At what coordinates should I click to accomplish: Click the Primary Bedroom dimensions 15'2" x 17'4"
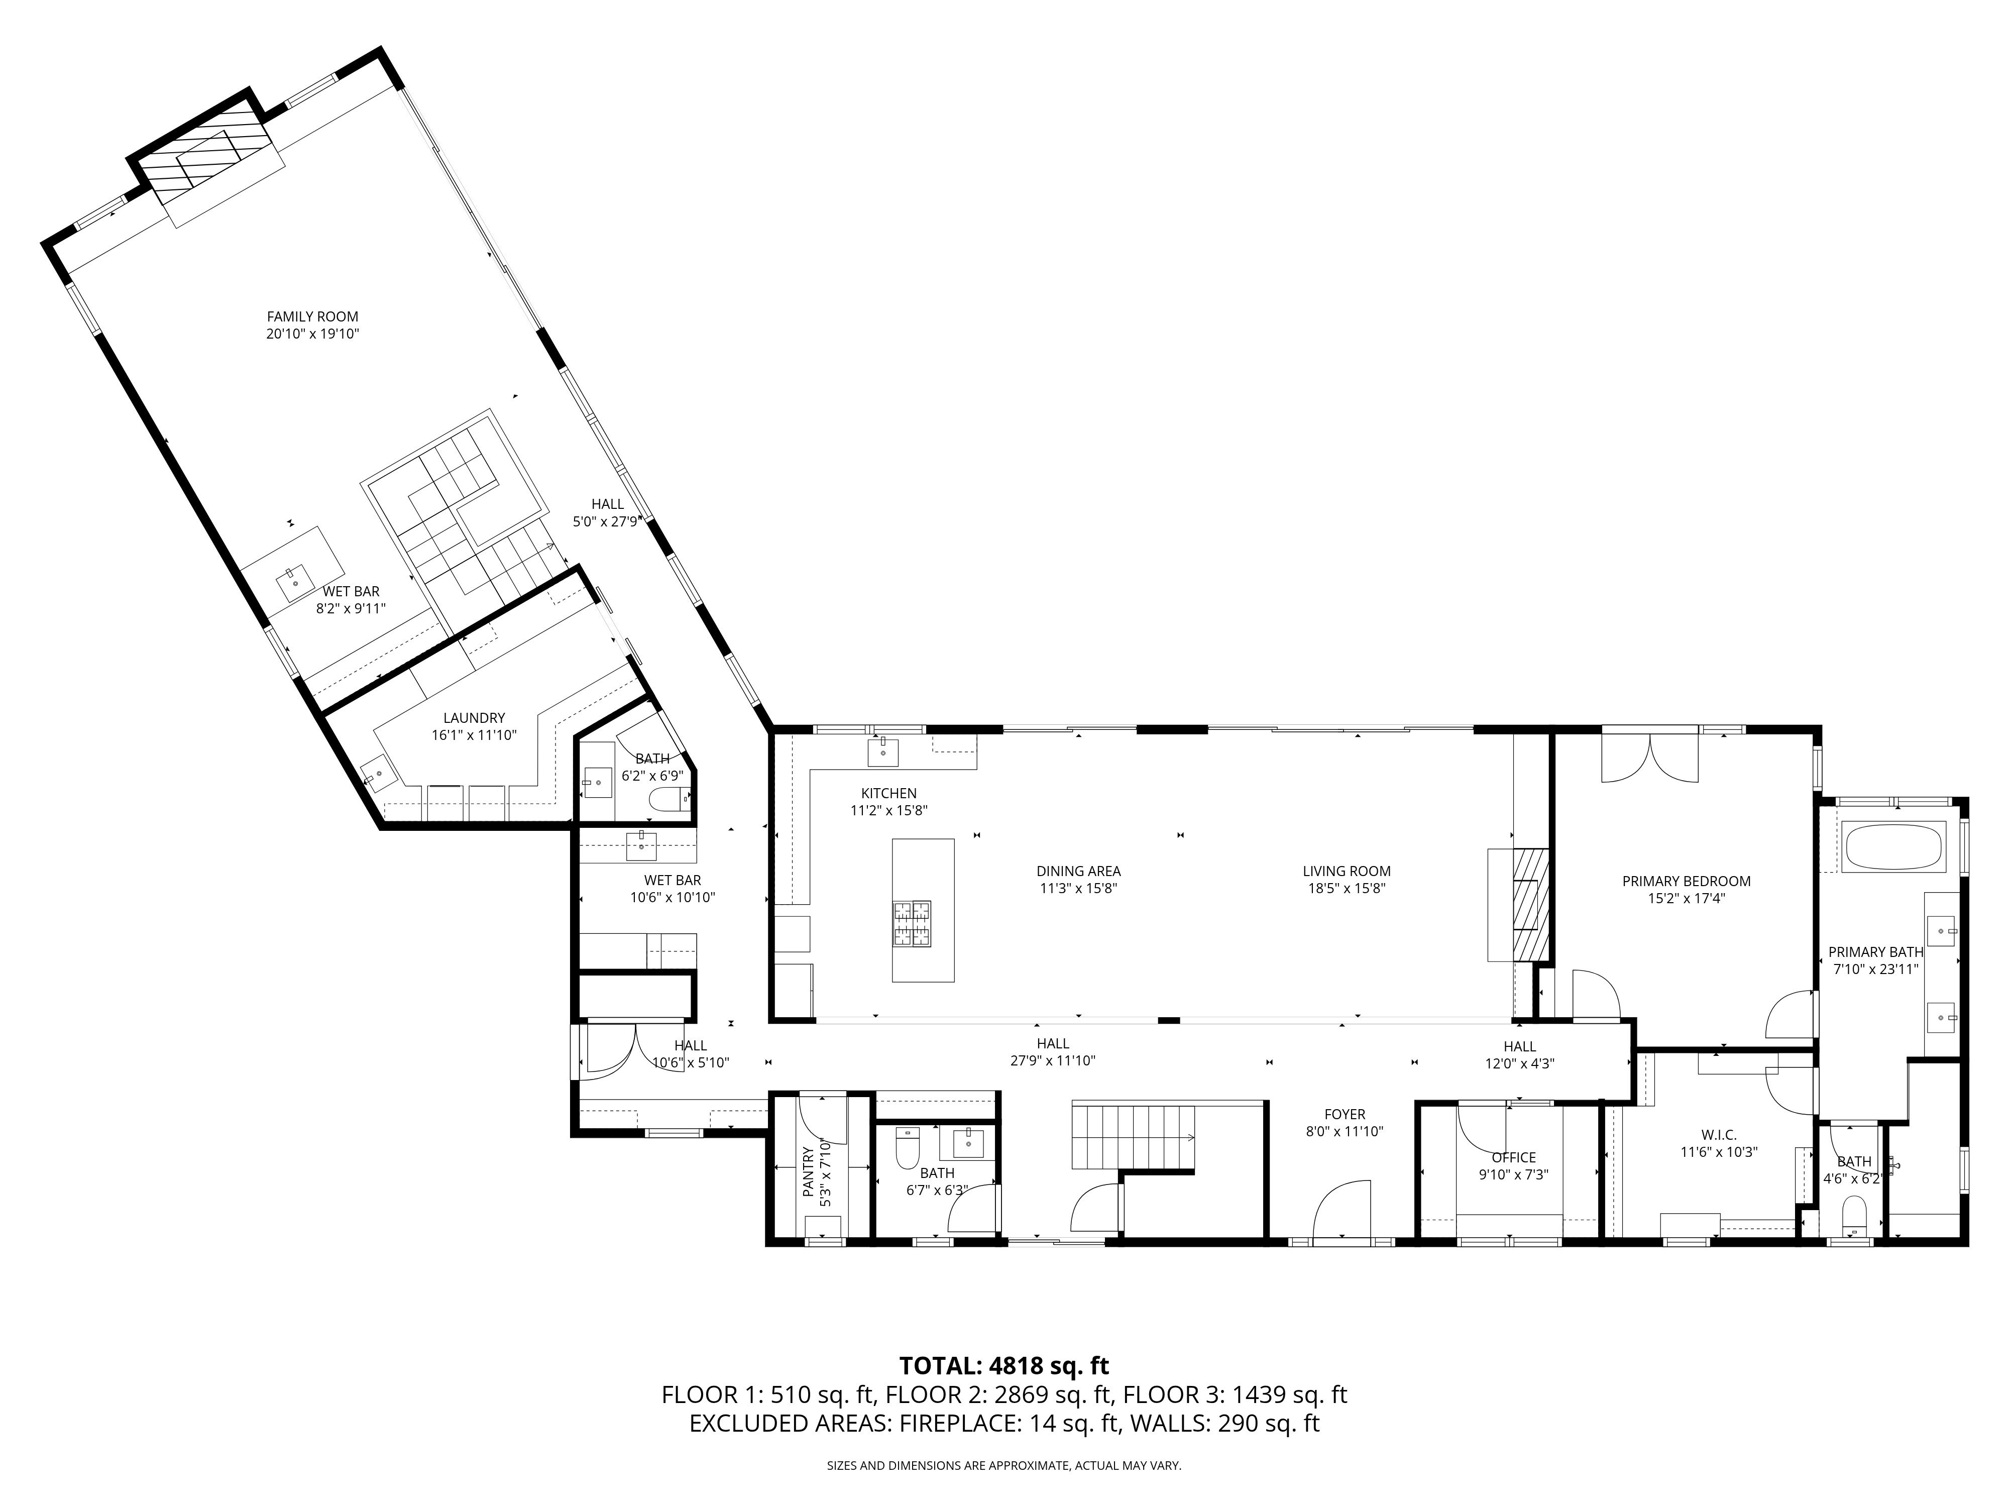pos(1687,898)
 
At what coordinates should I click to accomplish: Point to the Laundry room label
pos(474,718)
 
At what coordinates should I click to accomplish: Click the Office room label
pos(1514,1157)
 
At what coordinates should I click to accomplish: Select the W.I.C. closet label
pos(1719,1135)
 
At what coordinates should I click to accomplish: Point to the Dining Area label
pos(1079,871)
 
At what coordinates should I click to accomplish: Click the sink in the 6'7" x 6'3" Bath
pos(969,1144)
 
